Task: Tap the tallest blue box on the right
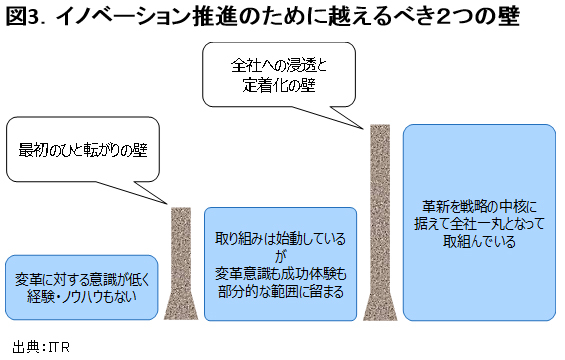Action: point(478,222)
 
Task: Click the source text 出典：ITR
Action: point(42,346)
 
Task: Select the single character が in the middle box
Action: point(280,255)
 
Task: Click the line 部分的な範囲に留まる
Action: point(280,291)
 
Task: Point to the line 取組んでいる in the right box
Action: point(478,241)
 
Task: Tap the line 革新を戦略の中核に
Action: point(478,206)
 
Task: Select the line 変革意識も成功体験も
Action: point(280,273)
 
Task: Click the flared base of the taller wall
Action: point(380,305)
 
